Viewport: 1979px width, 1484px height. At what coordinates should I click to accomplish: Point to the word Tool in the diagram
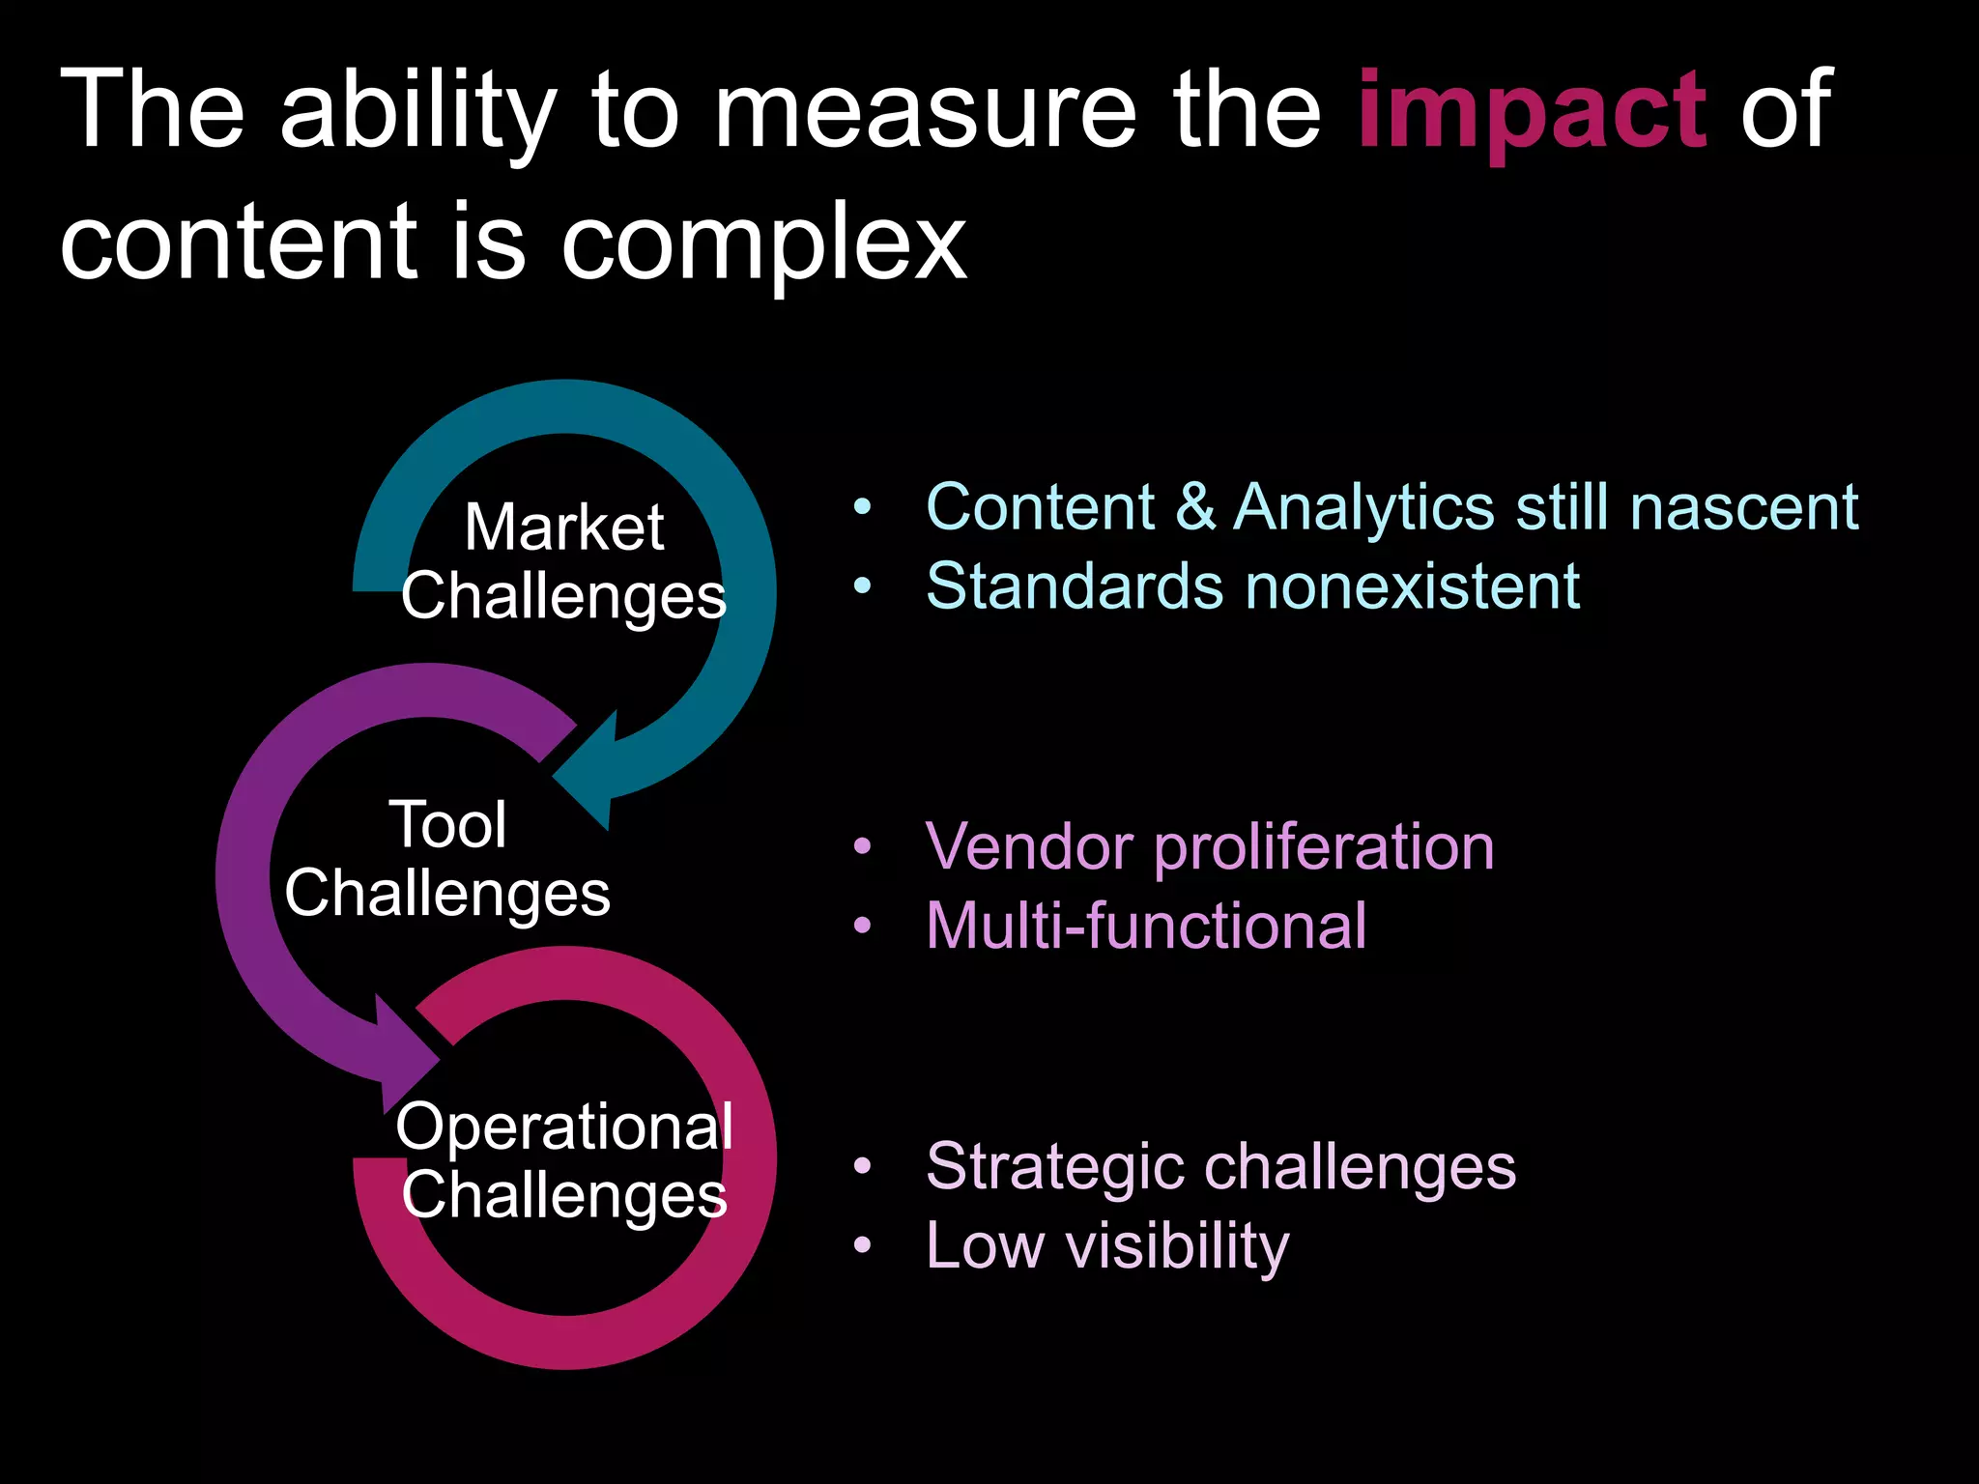pyautogui.click(x=447, y=825)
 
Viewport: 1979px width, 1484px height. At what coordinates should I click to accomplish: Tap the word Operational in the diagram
pyautogui.click(x=564, y=1127)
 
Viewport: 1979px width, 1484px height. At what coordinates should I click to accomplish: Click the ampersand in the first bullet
pyautogui.click(x=1195, y=506)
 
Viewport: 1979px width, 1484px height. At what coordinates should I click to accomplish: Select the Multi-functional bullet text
pyautogui.click(x=1146, y=926)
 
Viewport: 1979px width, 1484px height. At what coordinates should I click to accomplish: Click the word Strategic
pyautogui.click(x=1054, y=1167)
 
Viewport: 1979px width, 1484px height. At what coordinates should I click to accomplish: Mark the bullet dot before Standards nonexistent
pyautogui.click(x=863, y=585)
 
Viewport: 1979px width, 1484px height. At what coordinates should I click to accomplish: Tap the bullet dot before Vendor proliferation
pyautogui.click(x=863, y=847)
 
